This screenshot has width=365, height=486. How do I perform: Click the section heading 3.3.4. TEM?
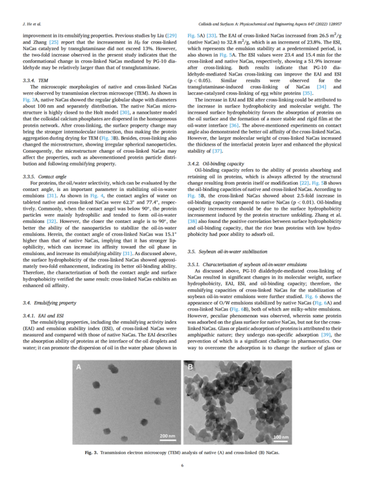tap(37, 80)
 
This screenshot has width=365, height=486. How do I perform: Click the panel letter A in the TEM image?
tap(78, 367)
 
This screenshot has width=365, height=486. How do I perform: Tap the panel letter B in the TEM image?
tap(191, 367)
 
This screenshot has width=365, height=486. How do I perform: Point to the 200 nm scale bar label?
tap(167, 435)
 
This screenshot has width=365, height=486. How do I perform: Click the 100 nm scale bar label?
tap(280, 436)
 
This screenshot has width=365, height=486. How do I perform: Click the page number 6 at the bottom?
tap(182, 466)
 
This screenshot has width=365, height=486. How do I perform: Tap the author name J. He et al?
tap(32, 24)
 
